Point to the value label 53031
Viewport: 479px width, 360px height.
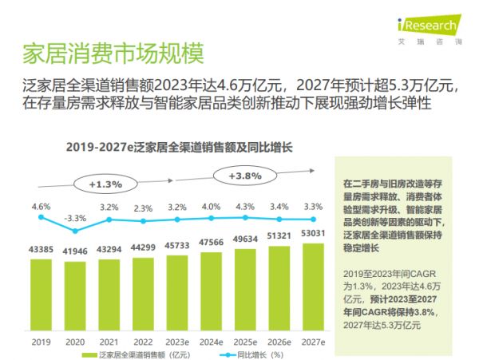(x=314, y=233)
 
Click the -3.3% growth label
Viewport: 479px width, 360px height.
(x=75, y=217)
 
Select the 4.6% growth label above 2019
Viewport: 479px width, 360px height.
(x=41, y=207)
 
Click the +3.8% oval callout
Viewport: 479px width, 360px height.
(x=245, y=176)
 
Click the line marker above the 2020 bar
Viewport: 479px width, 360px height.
(x=75, y=231)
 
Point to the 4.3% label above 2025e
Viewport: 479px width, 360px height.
(x=245, y=207)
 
